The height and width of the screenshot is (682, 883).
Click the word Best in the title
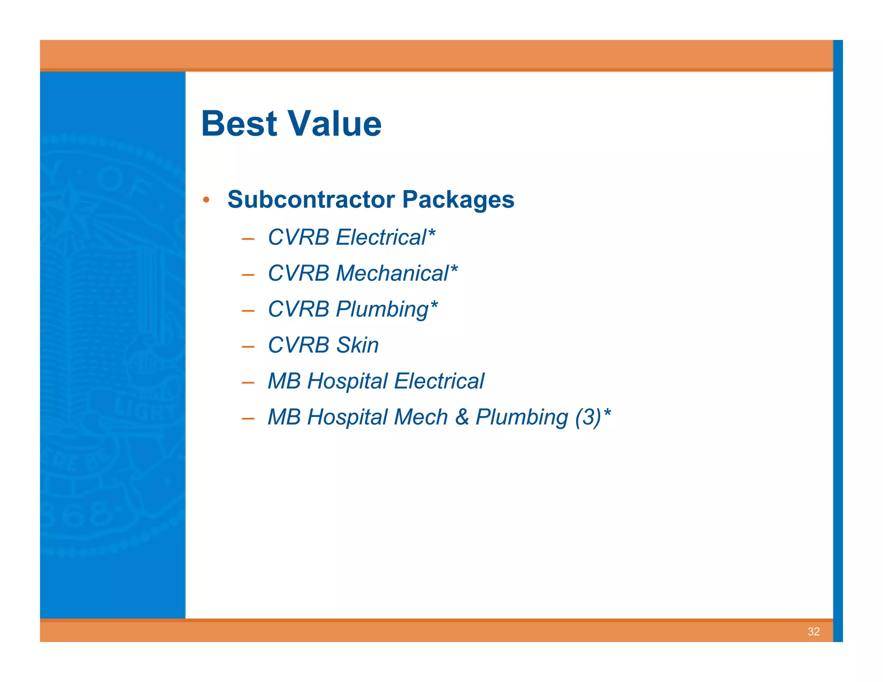click(x=239, y=124)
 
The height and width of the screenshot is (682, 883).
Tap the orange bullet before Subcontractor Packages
click(x=207, y=200)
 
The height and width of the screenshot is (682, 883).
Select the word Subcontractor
click(x=311, y=200)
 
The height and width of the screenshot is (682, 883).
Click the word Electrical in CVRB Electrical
click(x=381, y=238)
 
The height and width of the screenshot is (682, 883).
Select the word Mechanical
click(x=392, y=273)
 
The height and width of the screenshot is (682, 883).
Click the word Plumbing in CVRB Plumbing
click(x=382, y=310)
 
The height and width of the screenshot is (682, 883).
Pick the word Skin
click(x=357, y=345)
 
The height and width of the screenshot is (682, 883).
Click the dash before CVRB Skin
click(x=248, y=347)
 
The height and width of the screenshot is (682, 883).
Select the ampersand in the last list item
click(x=462, y=417)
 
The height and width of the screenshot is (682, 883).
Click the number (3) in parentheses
click(x=588, y=417)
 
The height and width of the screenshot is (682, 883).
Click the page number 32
click(x=813, y=632)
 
